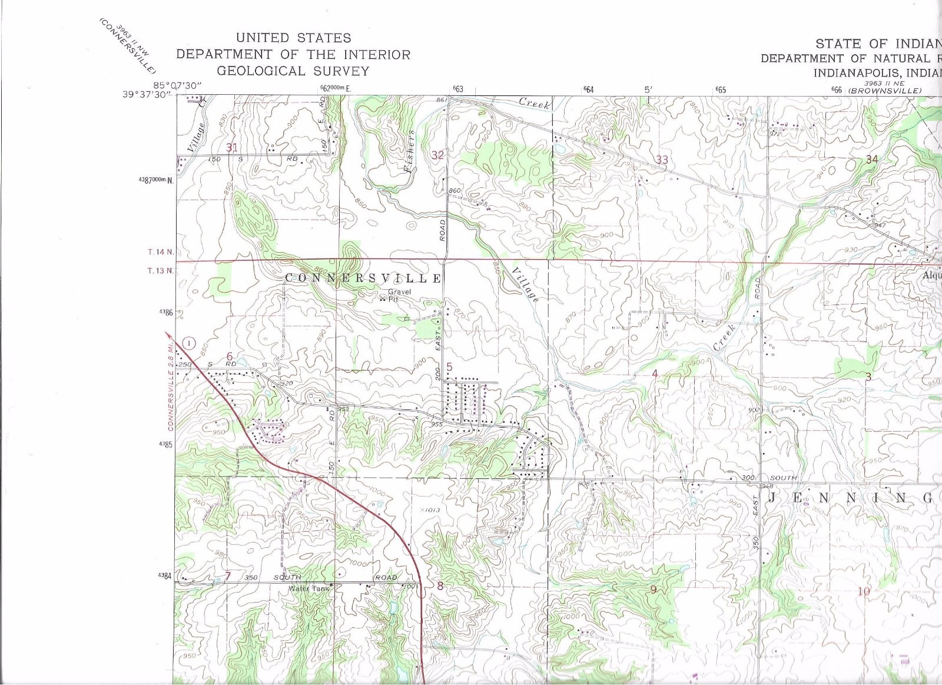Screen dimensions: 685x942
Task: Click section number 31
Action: click(x=232, y=147)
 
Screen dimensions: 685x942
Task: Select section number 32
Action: click(x=437, y=155)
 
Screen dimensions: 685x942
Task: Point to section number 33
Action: click(x=662, y=160)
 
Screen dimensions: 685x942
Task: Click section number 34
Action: click(x=871, y=159)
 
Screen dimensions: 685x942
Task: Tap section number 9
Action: click(x=652, y=590)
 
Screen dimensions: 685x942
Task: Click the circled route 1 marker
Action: click(x=188, y=343)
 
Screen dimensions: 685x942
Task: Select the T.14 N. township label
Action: click(x=161, y=252)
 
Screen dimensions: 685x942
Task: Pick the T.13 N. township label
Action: click(x=161, y=271)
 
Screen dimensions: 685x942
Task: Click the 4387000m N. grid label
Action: click(x=156, y=180)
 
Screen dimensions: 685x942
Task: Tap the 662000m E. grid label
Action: click(x=334, y=88)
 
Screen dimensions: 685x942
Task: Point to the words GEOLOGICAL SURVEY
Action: click(x=293, y=71)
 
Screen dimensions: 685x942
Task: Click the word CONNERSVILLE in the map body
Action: click(x=363, y=278)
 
